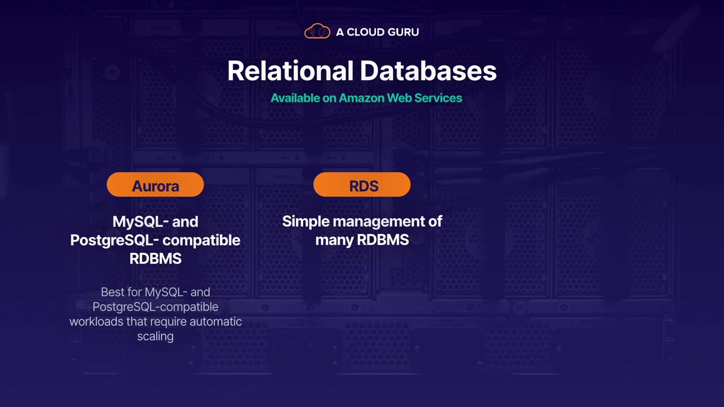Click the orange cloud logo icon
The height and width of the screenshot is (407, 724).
coord(317,32)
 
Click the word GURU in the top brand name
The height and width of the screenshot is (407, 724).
coord(403,32)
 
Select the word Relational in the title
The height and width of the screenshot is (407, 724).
coord(291,71)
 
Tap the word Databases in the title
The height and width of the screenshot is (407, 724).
coord(428,71)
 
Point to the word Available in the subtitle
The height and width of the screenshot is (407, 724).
coord(295,98)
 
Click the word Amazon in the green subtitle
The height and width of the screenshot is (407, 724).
coord(363,98)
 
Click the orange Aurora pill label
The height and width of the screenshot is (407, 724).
coord(155,185)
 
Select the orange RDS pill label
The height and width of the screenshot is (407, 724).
coord(362,185)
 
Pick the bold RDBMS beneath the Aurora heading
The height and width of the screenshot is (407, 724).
coord(155,259)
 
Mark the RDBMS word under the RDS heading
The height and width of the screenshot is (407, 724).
coord(382,240)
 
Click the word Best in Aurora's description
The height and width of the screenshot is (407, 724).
coord(112,292)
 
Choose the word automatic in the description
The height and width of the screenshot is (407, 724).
coord(216,322)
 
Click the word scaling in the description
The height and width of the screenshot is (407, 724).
coord(155,336)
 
